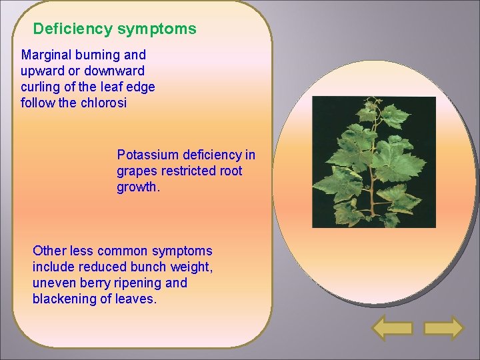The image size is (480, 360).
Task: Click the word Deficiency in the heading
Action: (x=73, y=29)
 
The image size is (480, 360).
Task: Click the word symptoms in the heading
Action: (x=157, y=29)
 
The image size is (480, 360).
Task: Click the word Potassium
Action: (x=145, y=155)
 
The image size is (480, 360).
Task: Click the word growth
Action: (x=138, y=187)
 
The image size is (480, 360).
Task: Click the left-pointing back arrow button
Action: (x=392, y=328)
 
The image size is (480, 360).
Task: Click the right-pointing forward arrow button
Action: (x=443, y=328)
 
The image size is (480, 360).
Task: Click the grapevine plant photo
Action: (x=374, y=162)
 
